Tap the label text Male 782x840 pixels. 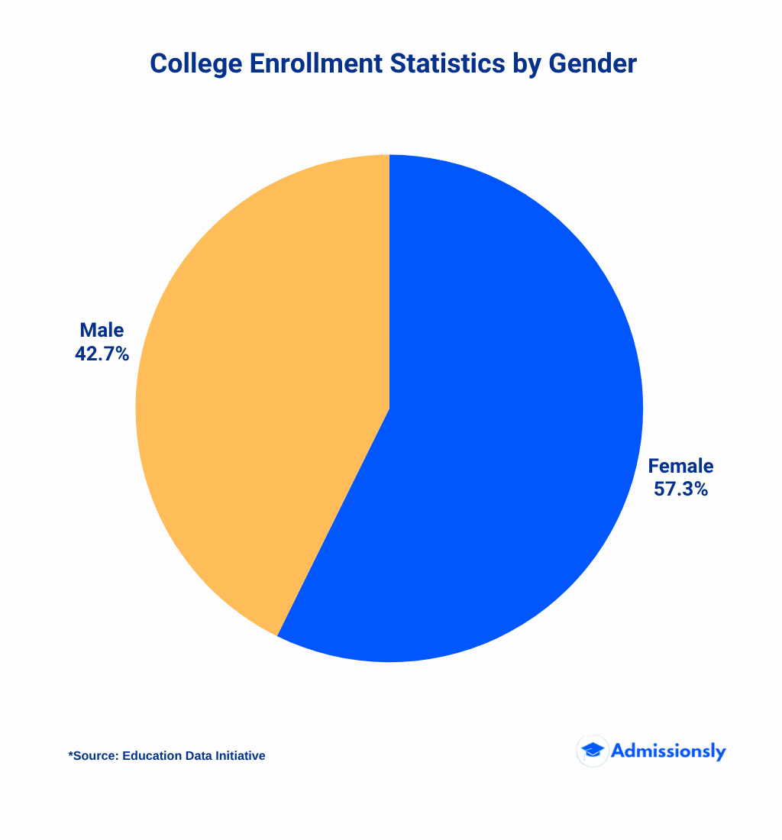coord(102,331)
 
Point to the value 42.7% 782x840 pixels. coord(102,354)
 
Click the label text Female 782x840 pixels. coord(680,466)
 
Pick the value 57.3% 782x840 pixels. coord(680,489)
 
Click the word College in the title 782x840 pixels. coord(195,64)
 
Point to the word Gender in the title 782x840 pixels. coord(592,64)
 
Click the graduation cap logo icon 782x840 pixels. coord(592,751)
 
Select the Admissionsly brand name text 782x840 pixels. coord(668,751)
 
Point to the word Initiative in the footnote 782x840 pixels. coord(241,756)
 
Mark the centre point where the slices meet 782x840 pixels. coord(389,409)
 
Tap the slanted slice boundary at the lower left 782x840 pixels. coord(333,522)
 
